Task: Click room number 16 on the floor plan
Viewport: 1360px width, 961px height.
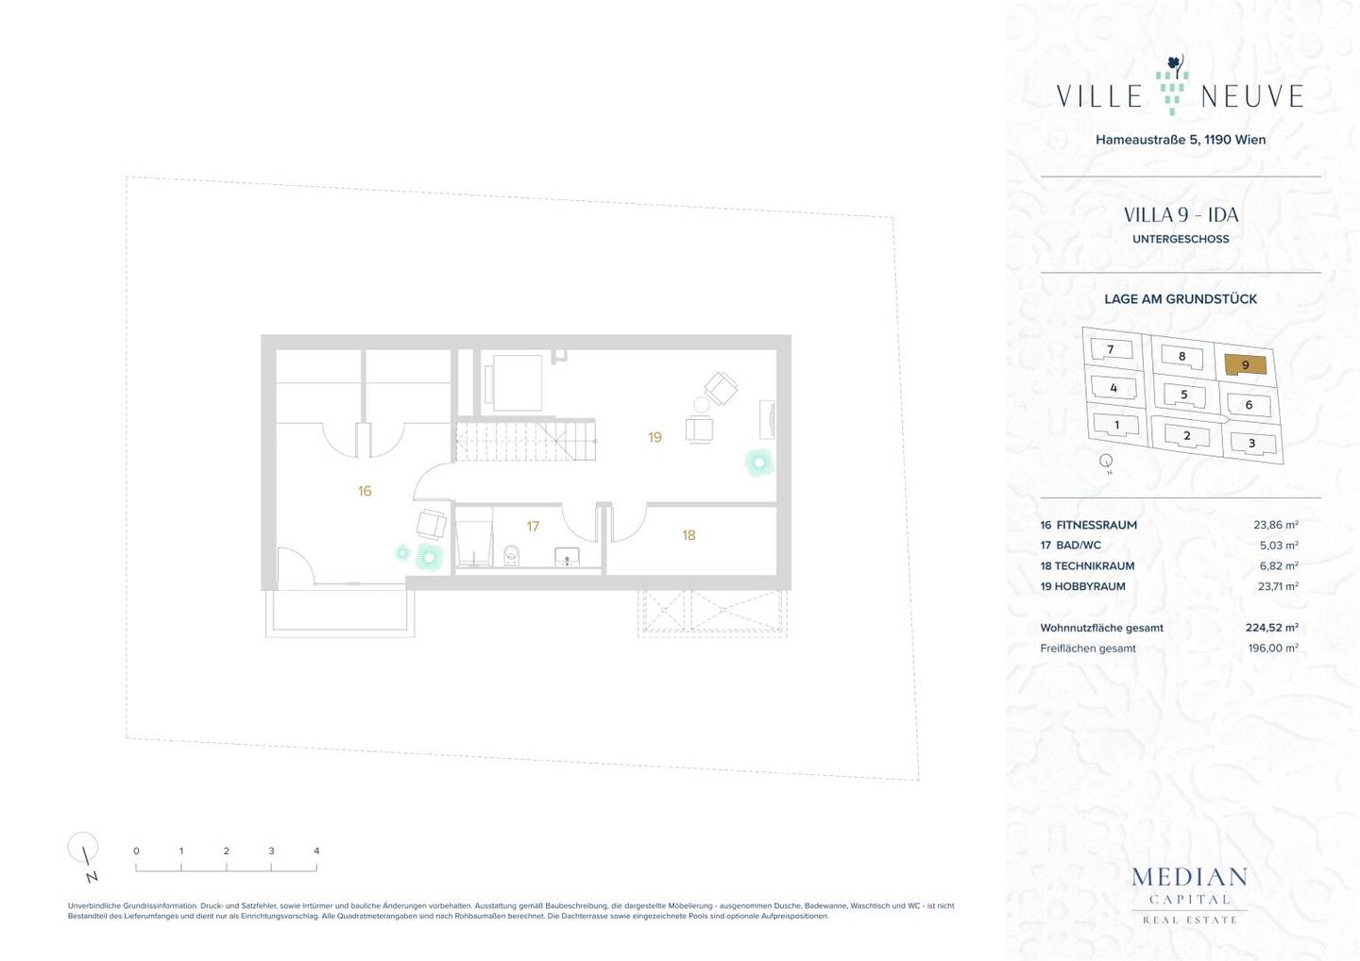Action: pyautogui.click(x=365, y=491)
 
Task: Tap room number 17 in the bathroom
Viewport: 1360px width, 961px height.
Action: pyautogui.click(x=533, y=526)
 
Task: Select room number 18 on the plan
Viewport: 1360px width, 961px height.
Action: pyautogui.click(x=688, y=535)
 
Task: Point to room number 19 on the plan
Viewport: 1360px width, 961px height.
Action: pyautogui.click(x=654, y=437)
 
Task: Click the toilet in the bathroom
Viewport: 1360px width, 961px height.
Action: pyautogui.click(x=512, y=554)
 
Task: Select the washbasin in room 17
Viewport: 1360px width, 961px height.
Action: pyautogui.click(x=567, y=556)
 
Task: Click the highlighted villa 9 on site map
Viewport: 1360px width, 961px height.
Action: pyautogui.click(x=1245, y=365)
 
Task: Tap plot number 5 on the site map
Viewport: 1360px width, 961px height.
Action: pyautogui.click(x=1183, y=395)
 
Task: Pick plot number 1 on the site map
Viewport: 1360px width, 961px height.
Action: pyautogui.click(x=1116, y=425)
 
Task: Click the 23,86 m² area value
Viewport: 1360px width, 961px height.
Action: pyautogui.click(x=1276, y=525)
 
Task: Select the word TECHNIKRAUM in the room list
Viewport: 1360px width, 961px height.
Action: pyautogui.click(x=1094, y=566)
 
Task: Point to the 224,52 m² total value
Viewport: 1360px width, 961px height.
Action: pyautogui.click(x=1271, y=628)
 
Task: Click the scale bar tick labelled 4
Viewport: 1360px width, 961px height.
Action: pyautogui.click(x=316, y=851)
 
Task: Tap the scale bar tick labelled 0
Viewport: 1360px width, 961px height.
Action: pyautogui.click(x=136, y=851)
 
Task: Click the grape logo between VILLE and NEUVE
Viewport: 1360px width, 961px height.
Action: pyautogui.click(x=1172, y=85)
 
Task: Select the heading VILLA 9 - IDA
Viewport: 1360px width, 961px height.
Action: pyautogui.click(x=1181, y=215)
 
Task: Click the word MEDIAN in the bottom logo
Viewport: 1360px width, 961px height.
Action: pyautogui.click(x=1189, y=877)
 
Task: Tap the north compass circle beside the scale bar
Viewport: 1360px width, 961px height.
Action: pyautogui.click(x=82, y=847)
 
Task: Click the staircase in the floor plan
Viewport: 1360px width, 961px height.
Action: pyautogui.click(x=526, y=441)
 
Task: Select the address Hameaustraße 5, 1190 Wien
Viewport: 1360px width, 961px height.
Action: pyautogui.click(x=1181, y=140)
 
